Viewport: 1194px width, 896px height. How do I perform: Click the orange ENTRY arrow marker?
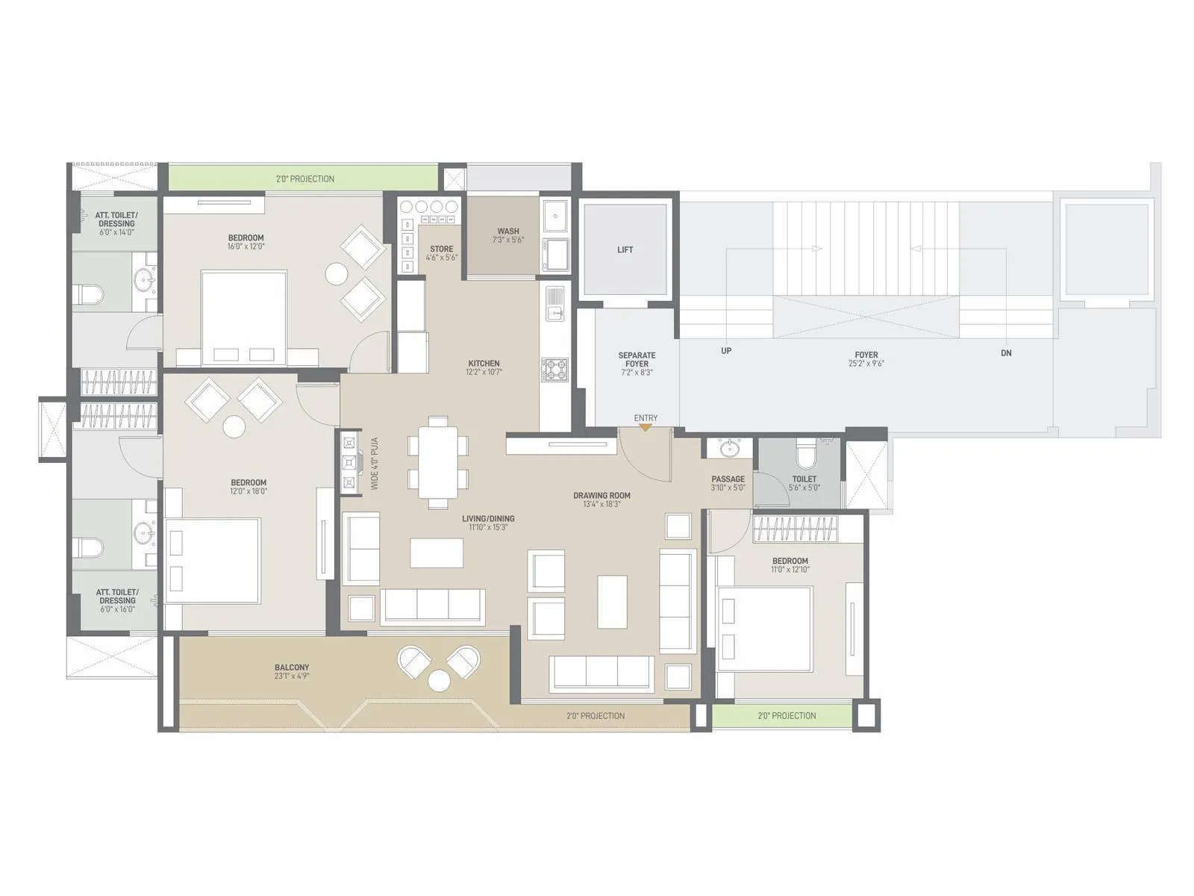coord(646,427)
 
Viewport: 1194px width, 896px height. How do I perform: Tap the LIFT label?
coord(625,250)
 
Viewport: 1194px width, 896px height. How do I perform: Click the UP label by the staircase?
coord(726,351)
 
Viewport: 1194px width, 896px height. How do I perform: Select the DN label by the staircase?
coord(1006,353)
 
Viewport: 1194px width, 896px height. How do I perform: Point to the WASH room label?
coord(508,231)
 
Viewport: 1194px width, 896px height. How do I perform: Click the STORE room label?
coord(441,249)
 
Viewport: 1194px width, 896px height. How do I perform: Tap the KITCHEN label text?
coord(484,364)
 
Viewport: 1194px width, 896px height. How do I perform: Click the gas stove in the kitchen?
coord(554,370)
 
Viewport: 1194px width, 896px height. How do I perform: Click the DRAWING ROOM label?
coord(601,495)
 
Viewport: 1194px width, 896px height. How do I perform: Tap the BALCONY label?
coord(292,668)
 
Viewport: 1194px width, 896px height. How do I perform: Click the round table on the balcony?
coord(439,680)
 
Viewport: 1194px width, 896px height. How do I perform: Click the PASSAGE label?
coord(728,479)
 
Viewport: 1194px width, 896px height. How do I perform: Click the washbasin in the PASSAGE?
coord(728,449)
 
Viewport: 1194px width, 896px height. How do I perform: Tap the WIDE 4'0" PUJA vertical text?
coord(375,464)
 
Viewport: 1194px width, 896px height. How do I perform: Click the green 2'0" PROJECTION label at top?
coord(305,179)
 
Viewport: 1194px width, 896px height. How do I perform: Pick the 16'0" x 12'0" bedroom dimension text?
coord(246,246)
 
